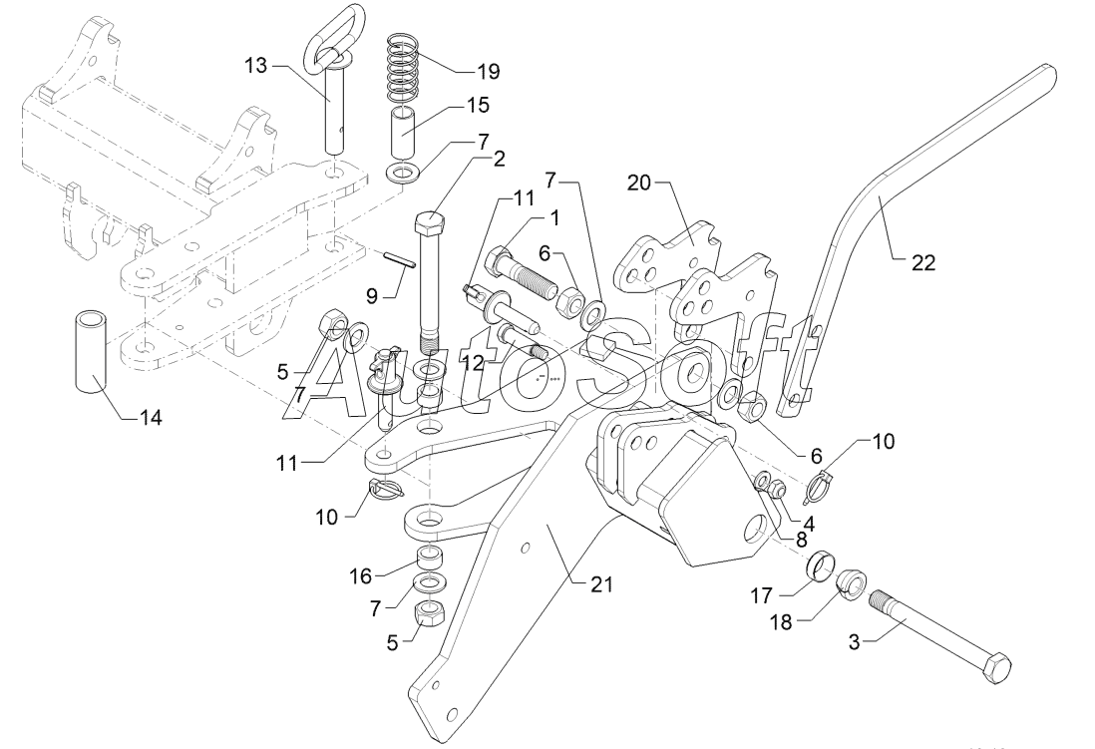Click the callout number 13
(256, 66)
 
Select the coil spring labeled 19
(408, 69)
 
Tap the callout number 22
(922, 262)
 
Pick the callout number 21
(601, 583)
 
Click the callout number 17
(761, 596)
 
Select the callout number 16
(360, 575)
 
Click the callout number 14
(151, 417)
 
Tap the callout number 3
(854, 641)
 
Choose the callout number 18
(781, 621)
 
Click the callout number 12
(473, 363)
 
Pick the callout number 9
(371, 295)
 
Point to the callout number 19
(488, 71)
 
